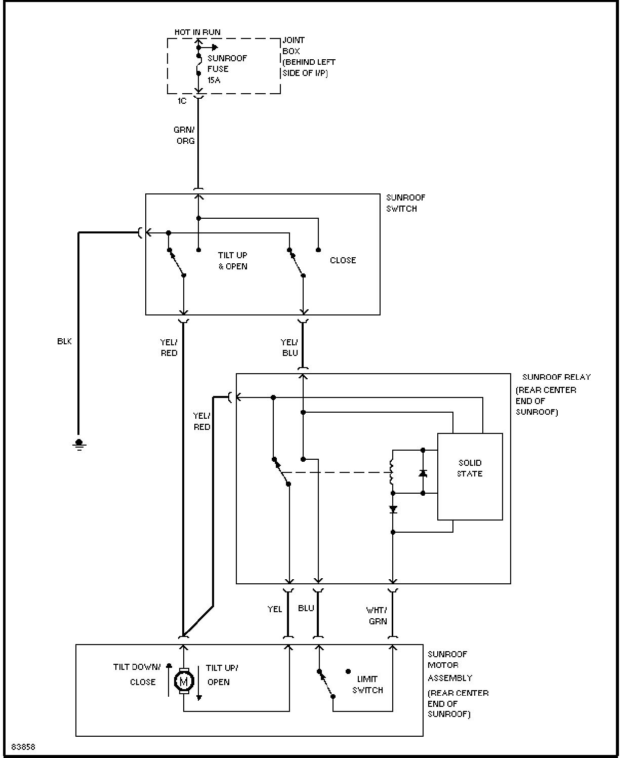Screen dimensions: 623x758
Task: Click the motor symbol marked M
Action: click(x=184, y=681)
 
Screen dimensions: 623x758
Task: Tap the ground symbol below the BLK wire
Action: click(x=79, y=445)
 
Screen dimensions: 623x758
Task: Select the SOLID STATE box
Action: click(x=470, y=476)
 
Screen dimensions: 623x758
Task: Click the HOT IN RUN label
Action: click(x=197, y=32)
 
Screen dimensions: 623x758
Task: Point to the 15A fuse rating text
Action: click(x=214, y=80)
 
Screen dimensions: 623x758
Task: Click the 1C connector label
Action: click(x=182, y=101)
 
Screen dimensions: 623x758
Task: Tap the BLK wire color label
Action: click(x=64, y=341)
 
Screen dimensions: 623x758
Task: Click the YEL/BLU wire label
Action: click(x=289, y=347)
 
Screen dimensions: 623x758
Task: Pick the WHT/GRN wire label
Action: click(x=377, y=616)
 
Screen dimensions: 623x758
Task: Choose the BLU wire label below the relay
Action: click(x=306, y=608)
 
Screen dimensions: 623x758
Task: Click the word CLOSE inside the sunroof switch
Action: click(x=343, y=260)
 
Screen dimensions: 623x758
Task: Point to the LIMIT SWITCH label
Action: click(x=367, y=685)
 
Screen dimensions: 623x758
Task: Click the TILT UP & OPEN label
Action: click(x=233, y=261)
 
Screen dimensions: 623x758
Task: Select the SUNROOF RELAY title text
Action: click(x=556, y=377)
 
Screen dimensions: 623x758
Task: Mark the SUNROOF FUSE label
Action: click(x=227, y=63)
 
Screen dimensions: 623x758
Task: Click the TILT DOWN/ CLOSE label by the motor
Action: click(x=137, y=674)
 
